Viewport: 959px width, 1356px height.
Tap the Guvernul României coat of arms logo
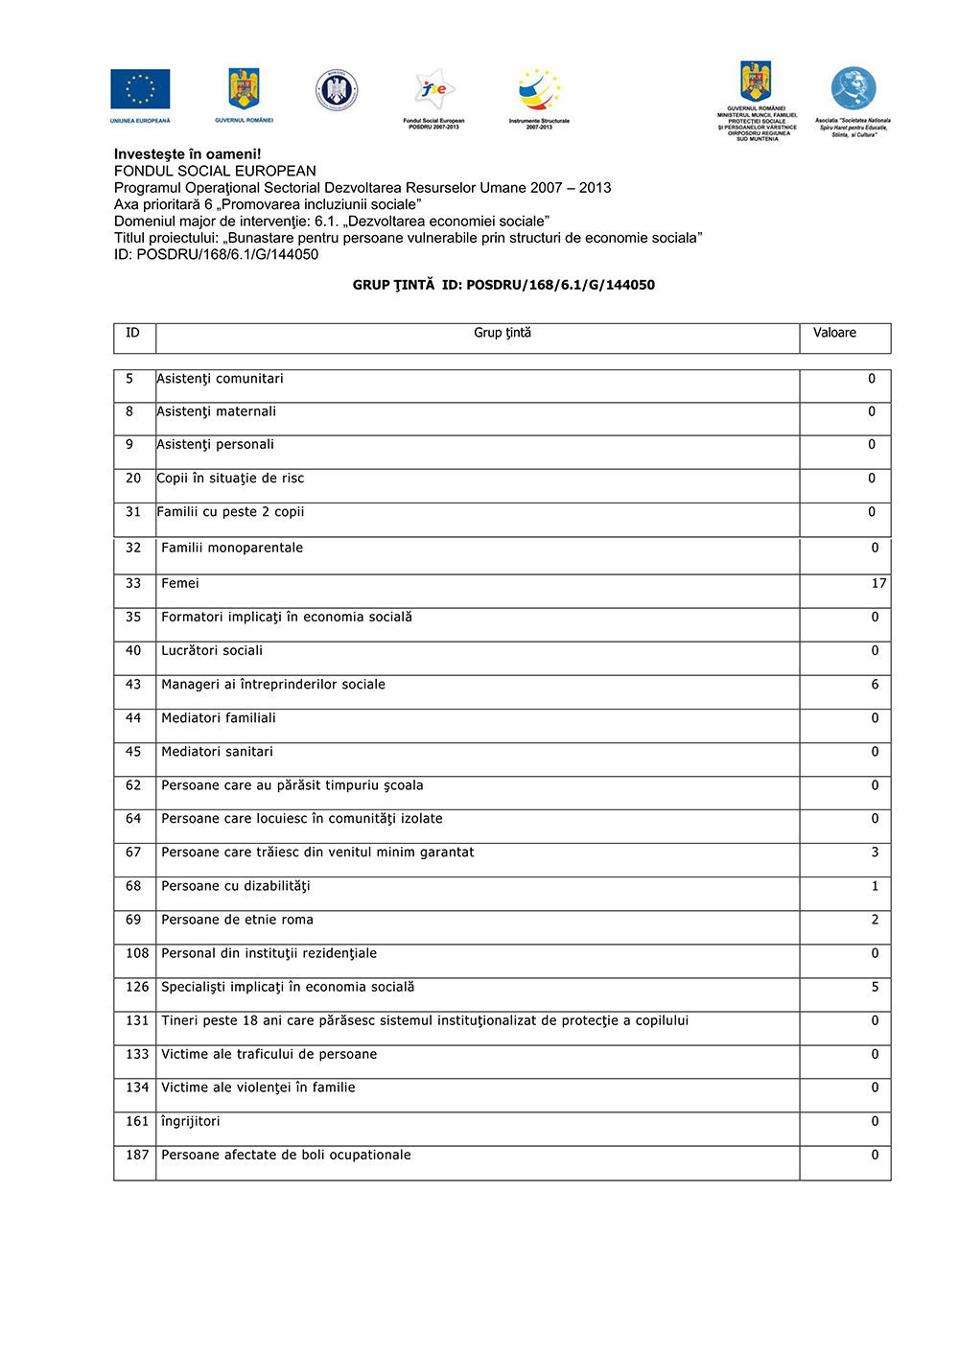tap(244, 89)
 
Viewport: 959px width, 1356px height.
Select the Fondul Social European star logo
tap(434, 91)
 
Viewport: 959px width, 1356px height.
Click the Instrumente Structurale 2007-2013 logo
tap(539, 92)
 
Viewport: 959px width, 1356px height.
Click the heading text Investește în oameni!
tap(187, 153)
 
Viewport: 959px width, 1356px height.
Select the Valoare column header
tap(834, 333)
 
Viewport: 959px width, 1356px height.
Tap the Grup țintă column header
tap(502, 333)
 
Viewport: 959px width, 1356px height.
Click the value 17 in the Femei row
tap(878, 583)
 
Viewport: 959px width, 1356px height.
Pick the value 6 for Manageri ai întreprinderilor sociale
tap(875, 684)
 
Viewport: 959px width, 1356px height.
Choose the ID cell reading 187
tap(137, 1155)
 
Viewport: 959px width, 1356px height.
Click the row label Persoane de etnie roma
tap(237, 920)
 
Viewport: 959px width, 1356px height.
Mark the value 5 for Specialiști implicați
tap(875, 987)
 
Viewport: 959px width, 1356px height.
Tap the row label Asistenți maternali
tap(216, 411)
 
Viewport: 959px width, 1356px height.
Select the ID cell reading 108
tap(137, 953)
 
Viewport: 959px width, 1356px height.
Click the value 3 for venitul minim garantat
tap(875, 852)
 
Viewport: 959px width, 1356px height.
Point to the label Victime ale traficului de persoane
tap(269, 1054)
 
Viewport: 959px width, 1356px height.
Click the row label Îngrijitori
tap(190, 1121)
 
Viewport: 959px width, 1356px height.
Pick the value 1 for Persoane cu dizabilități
tap(875, 886)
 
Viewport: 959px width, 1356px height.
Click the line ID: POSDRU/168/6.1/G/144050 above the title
tap(216, 254)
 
